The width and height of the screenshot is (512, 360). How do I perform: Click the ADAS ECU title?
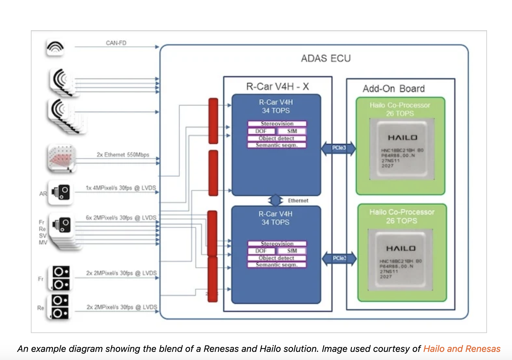click(326, 58)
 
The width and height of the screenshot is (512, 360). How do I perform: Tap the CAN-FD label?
click(116, 43)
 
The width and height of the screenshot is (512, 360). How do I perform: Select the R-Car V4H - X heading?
click(277, 86)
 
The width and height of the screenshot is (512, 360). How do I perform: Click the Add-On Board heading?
click(393, 88)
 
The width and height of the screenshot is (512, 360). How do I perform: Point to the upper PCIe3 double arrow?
click(339, 148)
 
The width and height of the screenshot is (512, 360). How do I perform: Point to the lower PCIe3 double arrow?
click(339, 258)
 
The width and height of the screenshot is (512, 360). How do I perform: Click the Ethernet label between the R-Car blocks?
click(298, 201)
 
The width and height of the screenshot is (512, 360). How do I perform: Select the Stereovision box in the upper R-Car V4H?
click(277, 124)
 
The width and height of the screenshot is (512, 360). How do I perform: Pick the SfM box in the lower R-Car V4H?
click(292, 251)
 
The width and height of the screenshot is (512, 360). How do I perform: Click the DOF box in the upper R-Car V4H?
click(261, 131)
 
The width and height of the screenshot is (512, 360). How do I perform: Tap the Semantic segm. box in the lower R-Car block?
click(277, 265)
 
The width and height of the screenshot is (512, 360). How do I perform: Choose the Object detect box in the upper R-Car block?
click(277, 138)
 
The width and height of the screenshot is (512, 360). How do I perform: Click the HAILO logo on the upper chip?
click(403, 138)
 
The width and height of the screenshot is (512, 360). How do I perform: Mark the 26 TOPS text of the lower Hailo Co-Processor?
click(402, 221)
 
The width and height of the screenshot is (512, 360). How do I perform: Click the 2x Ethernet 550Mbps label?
click(123, 155)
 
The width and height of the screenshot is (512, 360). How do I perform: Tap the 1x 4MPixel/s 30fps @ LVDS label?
click(121, 188)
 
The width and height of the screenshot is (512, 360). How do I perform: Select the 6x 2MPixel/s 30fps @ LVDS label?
click(121, 218)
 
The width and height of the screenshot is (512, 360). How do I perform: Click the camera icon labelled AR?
click(61, 192)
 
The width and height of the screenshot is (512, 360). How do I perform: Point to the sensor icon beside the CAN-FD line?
click(55, 47)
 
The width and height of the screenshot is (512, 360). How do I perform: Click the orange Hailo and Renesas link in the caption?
click(462, 349)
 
